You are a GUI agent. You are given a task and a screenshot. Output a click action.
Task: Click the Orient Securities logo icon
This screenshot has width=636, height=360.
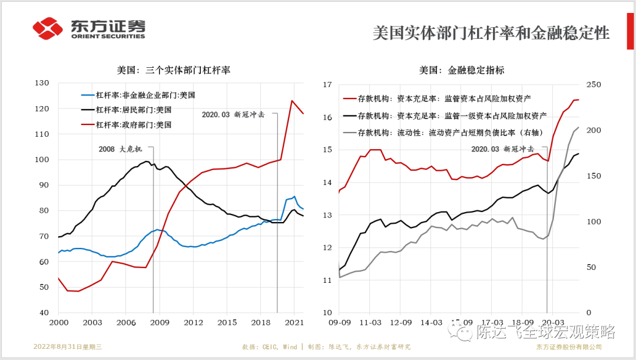(48, 28)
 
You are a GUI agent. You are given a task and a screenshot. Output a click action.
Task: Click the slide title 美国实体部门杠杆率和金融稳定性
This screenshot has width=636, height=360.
(491, 33)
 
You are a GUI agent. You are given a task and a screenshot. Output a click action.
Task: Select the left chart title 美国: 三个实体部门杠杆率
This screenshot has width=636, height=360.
(173, 70)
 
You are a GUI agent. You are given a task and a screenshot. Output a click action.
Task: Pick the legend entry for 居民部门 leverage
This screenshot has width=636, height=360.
(133, 110)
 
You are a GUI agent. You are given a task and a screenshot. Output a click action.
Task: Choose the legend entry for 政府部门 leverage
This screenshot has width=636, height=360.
(133, 125)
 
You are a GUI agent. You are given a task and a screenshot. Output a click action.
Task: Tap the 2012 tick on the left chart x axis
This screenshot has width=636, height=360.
(193, 323)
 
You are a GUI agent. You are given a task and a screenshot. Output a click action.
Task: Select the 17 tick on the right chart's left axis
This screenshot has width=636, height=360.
(327, 85)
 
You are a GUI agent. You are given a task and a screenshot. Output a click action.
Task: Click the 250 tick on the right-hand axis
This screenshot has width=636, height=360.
(593, 85)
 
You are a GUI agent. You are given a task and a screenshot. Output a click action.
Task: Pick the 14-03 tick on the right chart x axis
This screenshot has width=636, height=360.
(432, 323)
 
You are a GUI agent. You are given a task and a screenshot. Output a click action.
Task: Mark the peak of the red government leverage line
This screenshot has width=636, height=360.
(291, 100)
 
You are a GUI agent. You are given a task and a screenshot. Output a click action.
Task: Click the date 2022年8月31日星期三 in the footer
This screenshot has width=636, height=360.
(68, 346)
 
